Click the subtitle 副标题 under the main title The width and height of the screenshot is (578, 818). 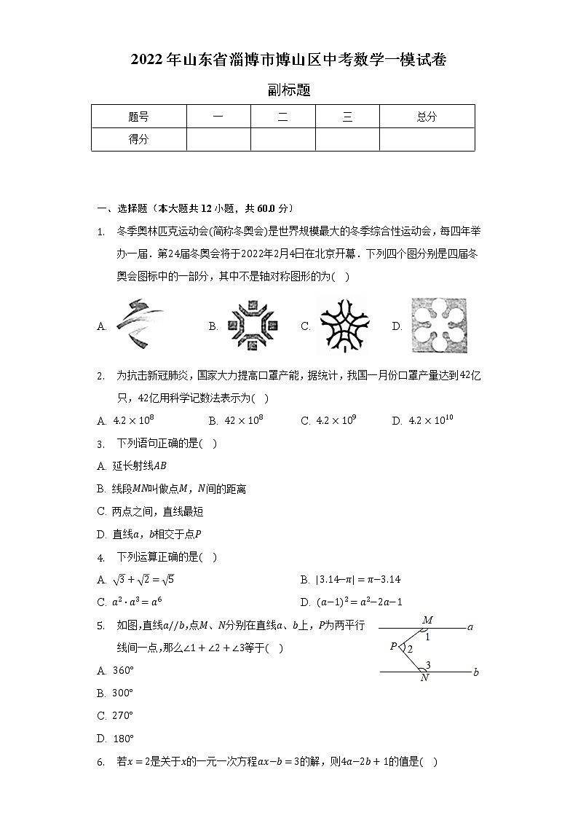pyautogui.click(x=289, y=90)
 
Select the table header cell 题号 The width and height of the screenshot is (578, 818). pyautogui.click(x=138, y=117)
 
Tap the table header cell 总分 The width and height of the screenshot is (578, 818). pyautogui.click(x=427, y=117)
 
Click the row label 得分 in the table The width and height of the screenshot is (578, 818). pyautogui.click(x=138, y=139)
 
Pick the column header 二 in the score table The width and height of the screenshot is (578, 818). pyautogui.click(x=282, y=117)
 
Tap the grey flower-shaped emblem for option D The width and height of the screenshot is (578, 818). pyautogui.click(x=438, y=326)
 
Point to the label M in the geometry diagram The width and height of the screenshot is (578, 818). pyautogui.click(x=427, y=620)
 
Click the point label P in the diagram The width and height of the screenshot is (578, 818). pyautogui.click(x=393, y=646)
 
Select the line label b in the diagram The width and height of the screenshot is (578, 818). pyautogui.click(x=475, y=672)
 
